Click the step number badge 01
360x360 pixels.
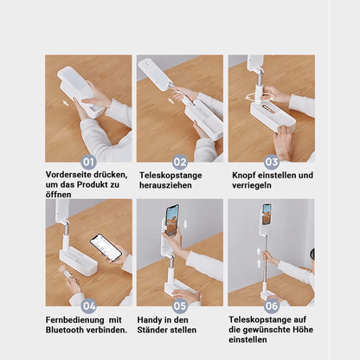point(88,162)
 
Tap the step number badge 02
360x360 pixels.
point(180,162)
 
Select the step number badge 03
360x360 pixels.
point(271,162)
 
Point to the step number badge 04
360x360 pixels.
point(88,305)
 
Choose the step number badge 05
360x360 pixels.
point(180,305)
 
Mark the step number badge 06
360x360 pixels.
point(271,305)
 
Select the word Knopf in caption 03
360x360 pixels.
point(243,175)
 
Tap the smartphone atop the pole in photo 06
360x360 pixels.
point(267,214)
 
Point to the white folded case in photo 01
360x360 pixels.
point(83,87)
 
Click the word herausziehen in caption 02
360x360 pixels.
point(167,185)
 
